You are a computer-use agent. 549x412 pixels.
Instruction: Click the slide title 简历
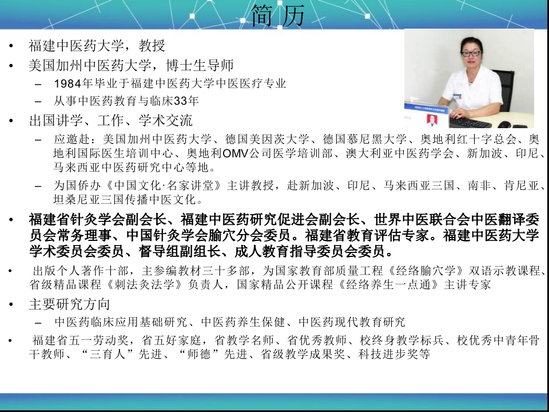tap(279, 15)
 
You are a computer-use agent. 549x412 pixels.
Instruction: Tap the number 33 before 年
tap(181, 101)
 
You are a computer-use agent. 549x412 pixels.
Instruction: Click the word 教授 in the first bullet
tap(152, 46)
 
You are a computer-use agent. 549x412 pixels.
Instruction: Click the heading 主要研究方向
tap(69, 304)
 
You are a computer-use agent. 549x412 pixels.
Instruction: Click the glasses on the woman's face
tap(471, 54)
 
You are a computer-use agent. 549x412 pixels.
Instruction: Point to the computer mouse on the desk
tap(504, 124)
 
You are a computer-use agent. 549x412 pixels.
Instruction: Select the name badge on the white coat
tap(457, 96)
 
